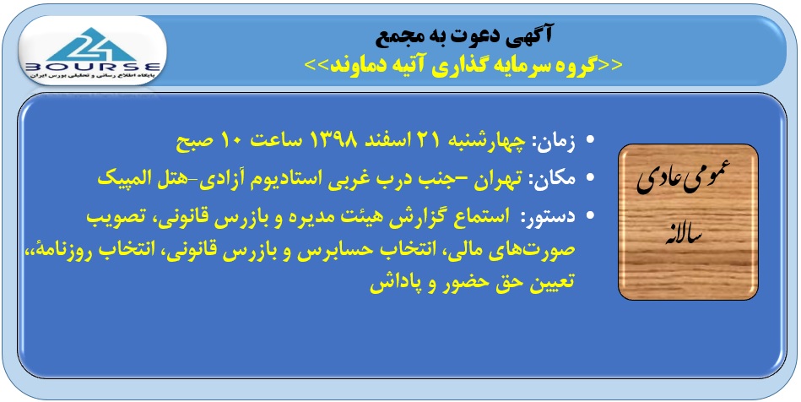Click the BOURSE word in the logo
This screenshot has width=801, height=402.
(93, 67)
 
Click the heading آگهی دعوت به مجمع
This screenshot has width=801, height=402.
(464, 35)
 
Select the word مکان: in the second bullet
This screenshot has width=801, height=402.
(553, 178)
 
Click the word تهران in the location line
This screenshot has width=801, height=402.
(497, 179)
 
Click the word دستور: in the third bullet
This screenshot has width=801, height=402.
(548, 216)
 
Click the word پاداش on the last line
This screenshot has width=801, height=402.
(392, 285)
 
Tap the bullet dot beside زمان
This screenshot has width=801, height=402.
(590, 140)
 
